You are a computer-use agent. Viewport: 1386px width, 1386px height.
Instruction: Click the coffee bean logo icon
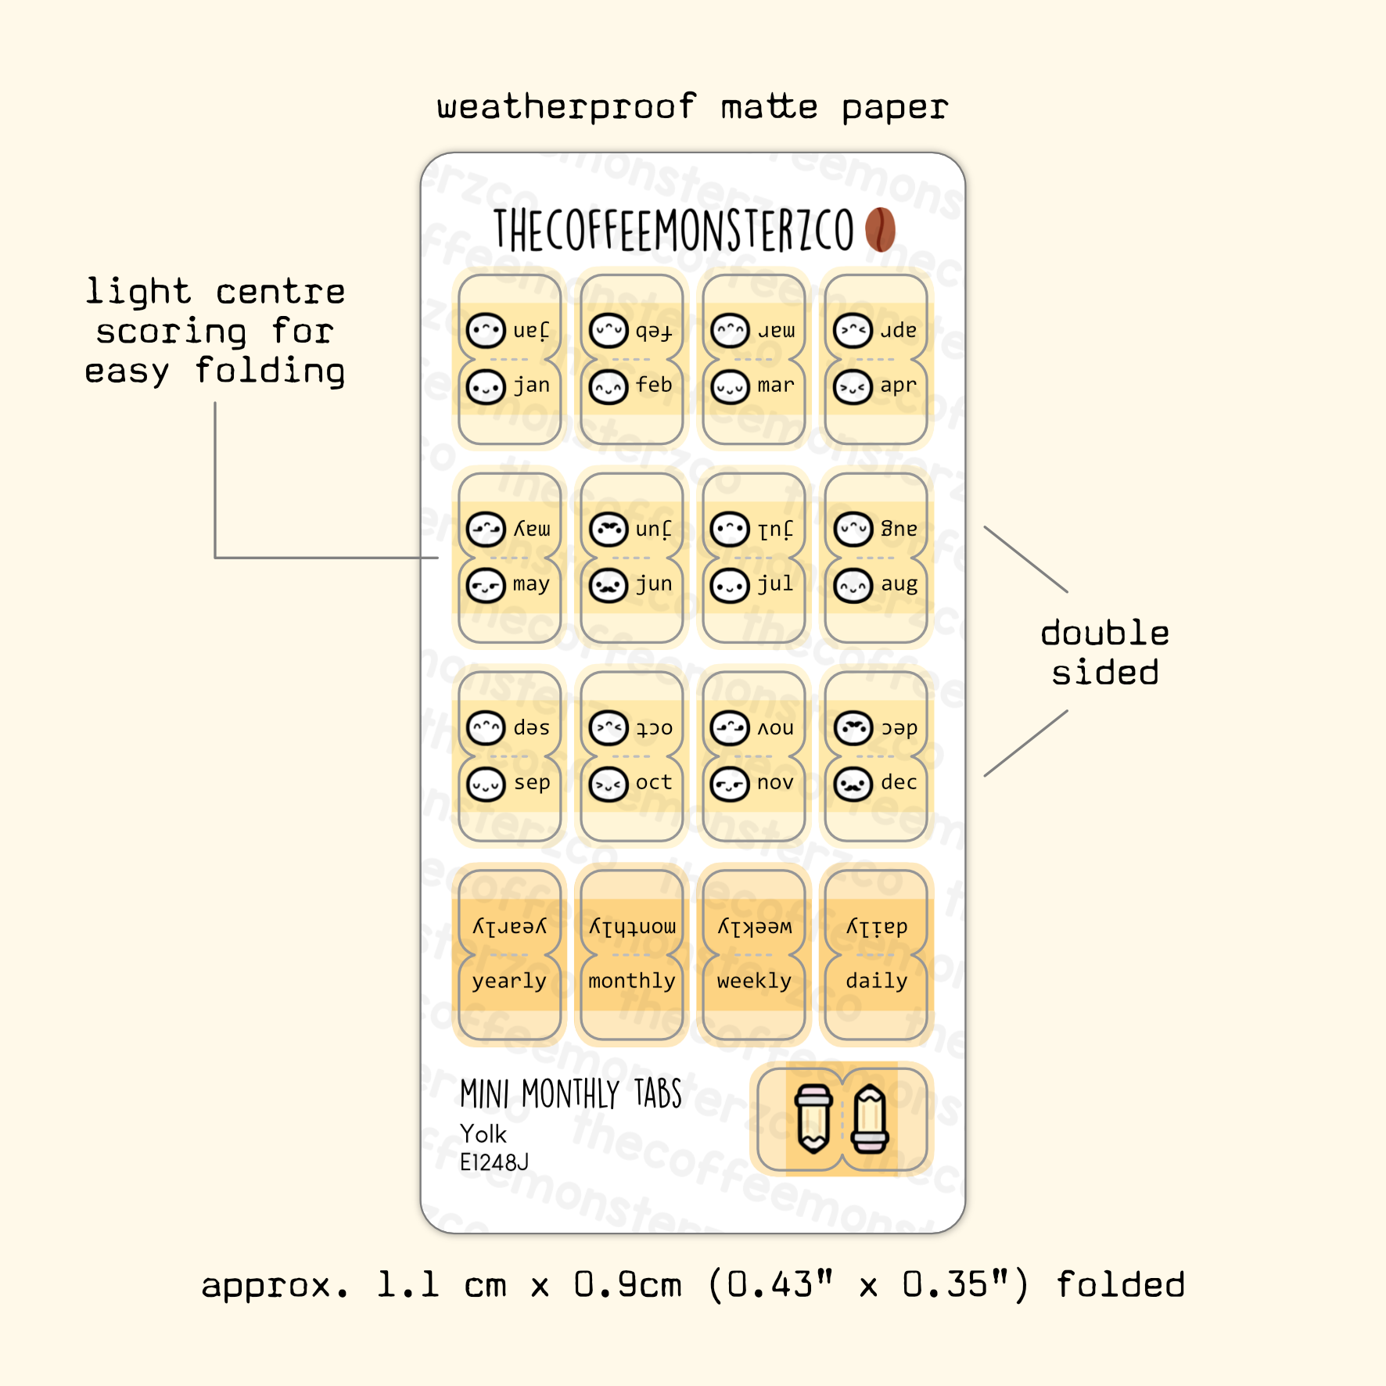880,229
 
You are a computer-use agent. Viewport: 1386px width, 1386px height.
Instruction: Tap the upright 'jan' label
532,386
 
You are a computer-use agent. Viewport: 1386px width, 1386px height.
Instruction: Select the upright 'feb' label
654,386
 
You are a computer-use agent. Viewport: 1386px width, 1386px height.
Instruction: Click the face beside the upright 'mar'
730,386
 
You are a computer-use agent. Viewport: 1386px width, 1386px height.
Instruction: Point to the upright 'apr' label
898,386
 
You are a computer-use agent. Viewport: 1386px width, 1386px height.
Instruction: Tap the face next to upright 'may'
486,585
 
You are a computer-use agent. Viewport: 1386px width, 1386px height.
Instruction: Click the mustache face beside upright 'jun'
609,585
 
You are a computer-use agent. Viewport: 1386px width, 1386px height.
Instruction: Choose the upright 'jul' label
775,584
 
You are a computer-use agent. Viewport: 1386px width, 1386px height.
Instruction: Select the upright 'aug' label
899,584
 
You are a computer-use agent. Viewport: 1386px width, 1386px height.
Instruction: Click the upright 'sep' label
532,783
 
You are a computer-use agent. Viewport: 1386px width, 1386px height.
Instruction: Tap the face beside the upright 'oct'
609,784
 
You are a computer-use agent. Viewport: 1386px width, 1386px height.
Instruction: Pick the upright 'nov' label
775,783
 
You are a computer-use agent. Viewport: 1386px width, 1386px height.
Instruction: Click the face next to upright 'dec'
853,784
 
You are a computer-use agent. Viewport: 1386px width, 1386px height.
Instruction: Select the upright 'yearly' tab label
509,982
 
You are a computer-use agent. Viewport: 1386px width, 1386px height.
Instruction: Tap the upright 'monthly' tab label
632,981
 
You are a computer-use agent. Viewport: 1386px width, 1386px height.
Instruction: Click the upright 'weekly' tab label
754,981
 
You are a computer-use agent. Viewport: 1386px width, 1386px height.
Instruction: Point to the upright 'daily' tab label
876,981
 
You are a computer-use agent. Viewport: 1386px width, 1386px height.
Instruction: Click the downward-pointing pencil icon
813,1118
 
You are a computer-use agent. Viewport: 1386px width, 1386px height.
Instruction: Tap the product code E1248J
494,1162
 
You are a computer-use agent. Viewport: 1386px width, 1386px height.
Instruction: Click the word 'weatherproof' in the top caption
566,107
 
